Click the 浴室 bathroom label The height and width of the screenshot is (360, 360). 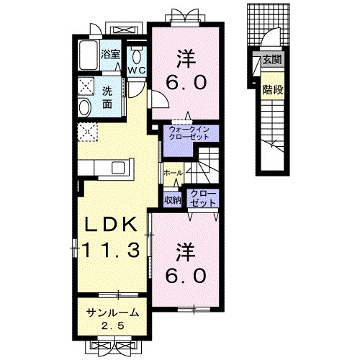point(109,54)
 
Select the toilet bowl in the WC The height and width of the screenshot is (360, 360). point(136,57)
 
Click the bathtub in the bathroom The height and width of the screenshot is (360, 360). point(89,54)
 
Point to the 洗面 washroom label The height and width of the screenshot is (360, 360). point(107,97)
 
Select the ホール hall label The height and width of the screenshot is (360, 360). point(172,174)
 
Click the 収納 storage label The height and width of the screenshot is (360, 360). point(171,199)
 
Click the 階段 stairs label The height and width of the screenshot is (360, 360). point(271,91)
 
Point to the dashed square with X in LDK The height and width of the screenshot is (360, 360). point(87,131)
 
